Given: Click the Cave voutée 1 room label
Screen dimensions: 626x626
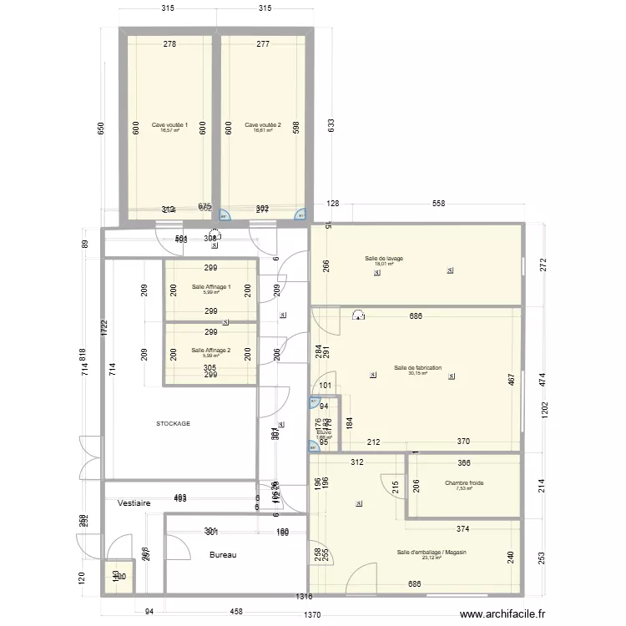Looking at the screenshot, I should coord(169,125).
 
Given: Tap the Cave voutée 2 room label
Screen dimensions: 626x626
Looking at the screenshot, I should coord(263,125).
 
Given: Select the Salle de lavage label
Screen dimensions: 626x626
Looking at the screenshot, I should coord(384,259).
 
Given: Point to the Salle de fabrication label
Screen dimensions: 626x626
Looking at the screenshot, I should coord(417,368).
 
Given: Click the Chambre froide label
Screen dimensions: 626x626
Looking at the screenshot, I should coord(464,482).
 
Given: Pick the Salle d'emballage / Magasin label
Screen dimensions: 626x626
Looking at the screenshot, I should coord(432,553).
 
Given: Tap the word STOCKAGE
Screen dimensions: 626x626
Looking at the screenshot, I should coord(174,423).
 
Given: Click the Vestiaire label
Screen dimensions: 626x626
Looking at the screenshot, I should coord(134,503).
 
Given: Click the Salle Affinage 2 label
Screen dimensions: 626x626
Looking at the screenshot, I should coord(210,351).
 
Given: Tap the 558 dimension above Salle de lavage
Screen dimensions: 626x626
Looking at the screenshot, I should coord(438,204).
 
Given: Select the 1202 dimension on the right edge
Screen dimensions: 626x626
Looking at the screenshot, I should coord(543,410).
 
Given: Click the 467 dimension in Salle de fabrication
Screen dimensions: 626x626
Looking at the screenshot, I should coord(510,378).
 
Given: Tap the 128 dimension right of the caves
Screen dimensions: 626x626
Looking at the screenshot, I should coord(334,204).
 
